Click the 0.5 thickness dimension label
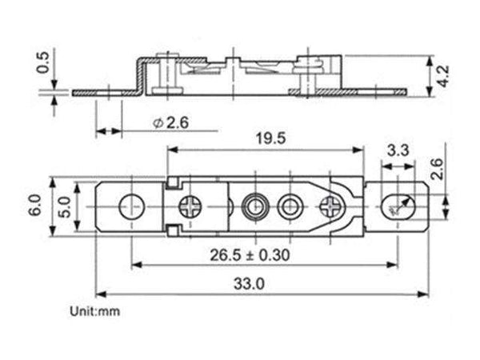(43, 62)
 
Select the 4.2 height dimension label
(443, 76)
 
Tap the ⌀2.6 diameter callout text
(171, 123)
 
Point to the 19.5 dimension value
(270, 138)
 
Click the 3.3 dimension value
(398, 150)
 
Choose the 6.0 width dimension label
(35, 206)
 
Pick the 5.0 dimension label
(65, 207)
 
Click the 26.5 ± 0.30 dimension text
(250, 255)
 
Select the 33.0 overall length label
(249, 283)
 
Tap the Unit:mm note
(94, 311)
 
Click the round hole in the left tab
(132, 207)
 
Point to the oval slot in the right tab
(398, 206)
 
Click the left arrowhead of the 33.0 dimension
(101, 294)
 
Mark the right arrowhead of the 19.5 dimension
(358, 150)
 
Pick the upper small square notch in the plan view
(173, 183)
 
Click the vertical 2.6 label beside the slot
(438, 169)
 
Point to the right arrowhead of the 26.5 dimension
(393, 265)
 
